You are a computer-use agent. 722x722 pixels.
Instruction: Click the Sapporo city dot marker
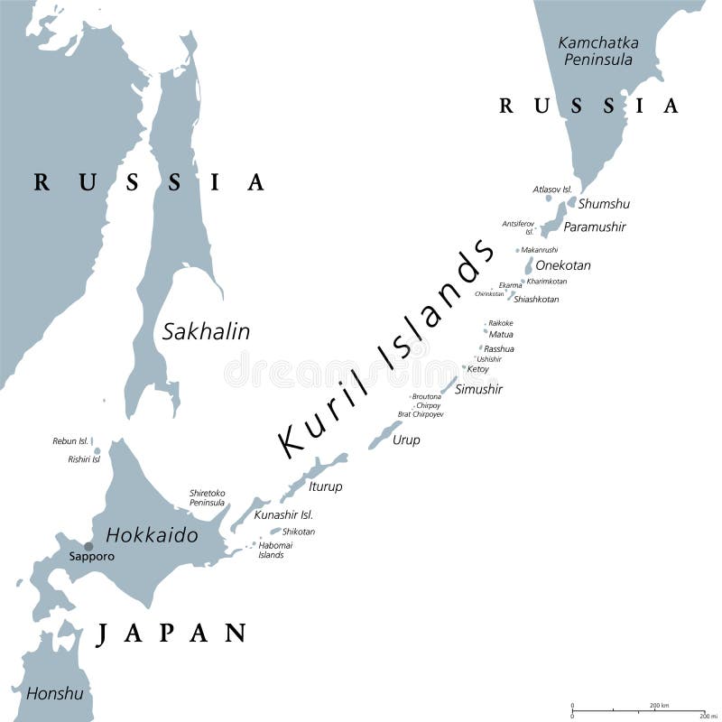pos(88,546)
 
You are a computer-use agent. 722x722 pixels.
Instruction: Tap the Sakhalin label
pos(206,331)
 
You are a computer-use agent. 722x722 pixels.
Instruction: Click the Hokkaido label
pos(152,534)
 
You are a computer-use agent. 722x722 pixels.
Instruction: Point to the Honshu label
pos(54,693)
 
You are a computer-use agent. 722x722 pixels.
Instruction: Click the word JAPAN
pos(171,633)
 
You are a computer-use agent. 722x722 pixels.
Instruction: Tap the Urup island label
pos(406,440)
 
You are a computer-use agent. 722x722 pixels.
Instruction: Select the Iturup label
pos(326,486)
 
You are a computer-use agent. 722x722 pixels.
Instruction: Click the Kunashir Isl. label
pos(282,514)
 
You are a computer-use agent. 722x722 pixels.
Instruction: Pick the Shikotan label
pos(299,532)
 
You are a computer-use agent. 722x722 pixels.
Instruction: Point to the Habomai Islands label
pos(271,550)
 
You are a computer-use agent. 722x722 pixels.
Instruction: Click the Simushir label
pos(478,389)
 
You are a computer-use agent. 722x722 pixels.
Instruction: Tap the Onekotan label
pos(562,265)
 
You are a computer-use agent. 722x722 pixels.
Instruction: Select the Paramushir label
pos(595,227)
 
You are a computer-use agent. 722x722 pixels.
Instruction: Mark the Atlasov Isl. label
pos(552,189)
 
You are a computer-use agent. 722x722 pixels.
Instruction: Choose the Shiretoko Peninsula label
pos(208,498)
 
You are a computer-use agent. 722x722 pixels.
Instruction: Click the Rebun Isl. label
pos(70,440)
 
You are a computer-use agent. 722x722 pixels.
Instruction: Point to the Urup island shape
pos(385,434)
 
